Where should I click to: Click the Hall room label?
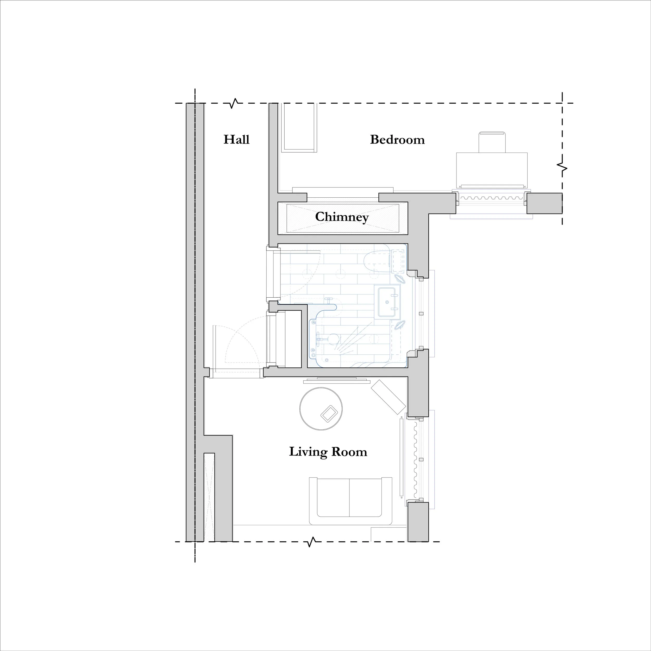click(236, 140)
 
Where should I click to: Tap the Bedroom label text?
click(397, 140)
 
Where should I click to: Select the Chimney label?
click(342, 217)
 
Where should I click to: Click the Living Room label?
click(328, 452)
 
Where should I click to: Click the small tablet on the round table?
click(328, 414)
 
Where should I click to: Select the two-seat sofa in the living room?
click(350, 501)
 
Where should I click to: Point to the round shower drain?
click(333, 338)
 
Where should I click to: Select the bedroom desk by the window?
click(492, 170)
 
